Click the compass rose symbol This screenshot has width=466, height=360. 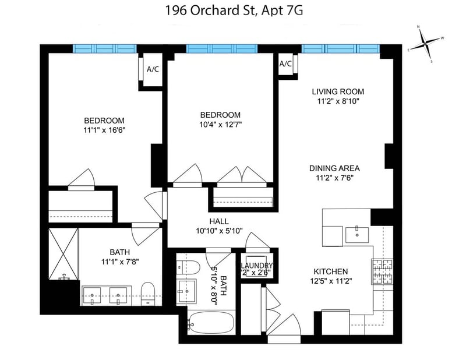426,44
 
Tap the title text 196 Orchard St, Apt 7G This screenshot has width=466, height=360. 234,10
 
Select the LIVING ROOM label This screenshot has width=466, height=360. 338,91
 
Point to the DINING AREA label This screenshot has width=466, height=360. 334,168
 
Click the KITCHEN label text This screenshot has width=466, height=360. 331,271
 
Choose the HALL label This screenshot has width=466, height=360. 219,221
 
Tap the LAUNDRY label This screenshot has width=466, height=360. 257,266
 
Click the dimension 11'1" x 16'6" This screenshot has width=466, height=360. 104,130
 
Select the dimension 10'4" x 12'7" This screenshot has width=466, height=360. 220,124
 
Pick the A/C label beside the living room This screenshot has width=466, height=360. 285,63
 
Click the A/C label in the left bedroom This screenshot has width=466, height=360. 153,69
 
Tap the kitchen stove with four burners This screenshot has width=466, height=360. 382,271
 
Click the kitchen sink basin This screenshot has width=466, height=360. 357,235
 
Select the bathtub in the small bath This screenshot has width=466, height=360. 211,323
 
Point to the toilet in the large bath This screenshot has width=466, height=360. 148,294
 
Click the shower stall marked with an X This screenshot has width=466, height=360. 63,254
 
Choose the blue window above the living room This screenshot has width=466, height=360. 341,48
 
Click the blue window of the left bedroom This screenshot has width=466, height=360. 105,48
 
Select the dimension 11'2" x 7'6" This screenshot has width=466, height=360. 334,178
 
